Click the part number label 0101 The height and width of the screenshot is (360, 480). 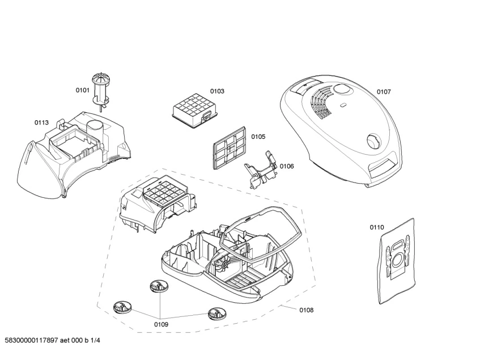tap(83, 90)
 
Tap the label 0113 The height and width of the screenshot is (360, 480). tap(41, 122)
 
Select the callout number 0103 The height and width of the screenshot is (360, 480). tap(217, 91)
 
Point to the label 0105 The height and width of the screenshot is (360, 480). tap(258, 137)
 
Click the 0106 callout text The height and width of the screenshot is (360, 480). tap(287, 166)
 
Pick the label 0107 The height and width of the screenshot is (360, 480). tap(384, 92)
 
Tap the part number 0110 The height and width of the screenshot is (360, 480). tap(377, 227)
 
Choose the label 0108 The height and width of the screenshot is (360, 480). tap(306, 310)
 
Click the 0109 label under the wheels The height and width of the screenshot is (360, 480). tap(161, 324)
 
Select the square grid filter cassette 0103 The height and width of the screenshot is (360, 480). tap(192, 110)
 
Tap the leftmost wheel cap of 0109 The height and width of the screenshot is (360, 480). tap(122, 308)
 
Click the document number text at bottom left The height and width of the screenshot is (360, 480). tap(52, 341)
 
